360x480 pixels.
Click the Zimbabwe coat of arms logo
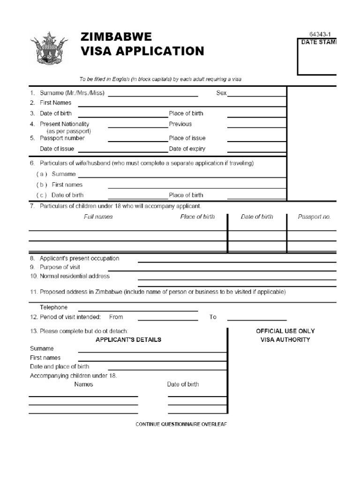tap(49, 48)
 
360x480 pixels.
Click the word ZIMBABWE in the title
tap(116, 37)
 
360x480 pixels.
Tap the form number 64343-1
tap(323, 35)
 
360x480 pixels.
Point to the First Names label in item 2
tap(56, 103)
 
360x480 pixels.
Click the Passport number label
tap(62, 138)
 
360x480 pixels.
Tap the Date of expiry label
tap(187, 149)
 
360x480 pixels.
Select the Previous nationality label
tap(180, 124)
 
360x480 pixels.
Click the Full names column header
tap(98, 217)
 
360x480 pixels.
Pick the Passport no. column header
tap(314, 217)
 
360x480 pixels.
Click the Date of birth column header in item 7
tap(257, 217)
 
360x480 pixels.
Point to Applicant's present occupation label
tap(79, 258)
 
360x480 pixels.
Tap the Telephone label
tap(53, 307)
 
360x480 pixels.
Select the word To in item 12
tap(213, 317)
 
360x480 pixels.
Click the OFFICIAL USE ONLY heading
tap(285, 331)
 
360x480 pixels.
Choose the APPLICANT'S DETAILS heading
tap(128, 339)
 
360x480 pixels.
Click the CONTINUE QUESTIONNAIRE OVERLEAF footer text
tap(181, 424)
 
